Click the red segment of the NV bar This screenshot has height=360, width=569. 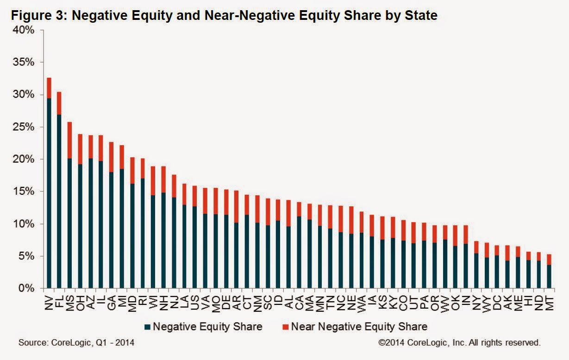(x=49, y=87)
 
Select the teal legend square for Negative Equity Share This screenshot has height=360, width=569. (x=147, y=327)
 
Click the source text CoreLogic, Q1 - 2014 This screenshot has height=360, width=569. (x=76, y=343)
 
